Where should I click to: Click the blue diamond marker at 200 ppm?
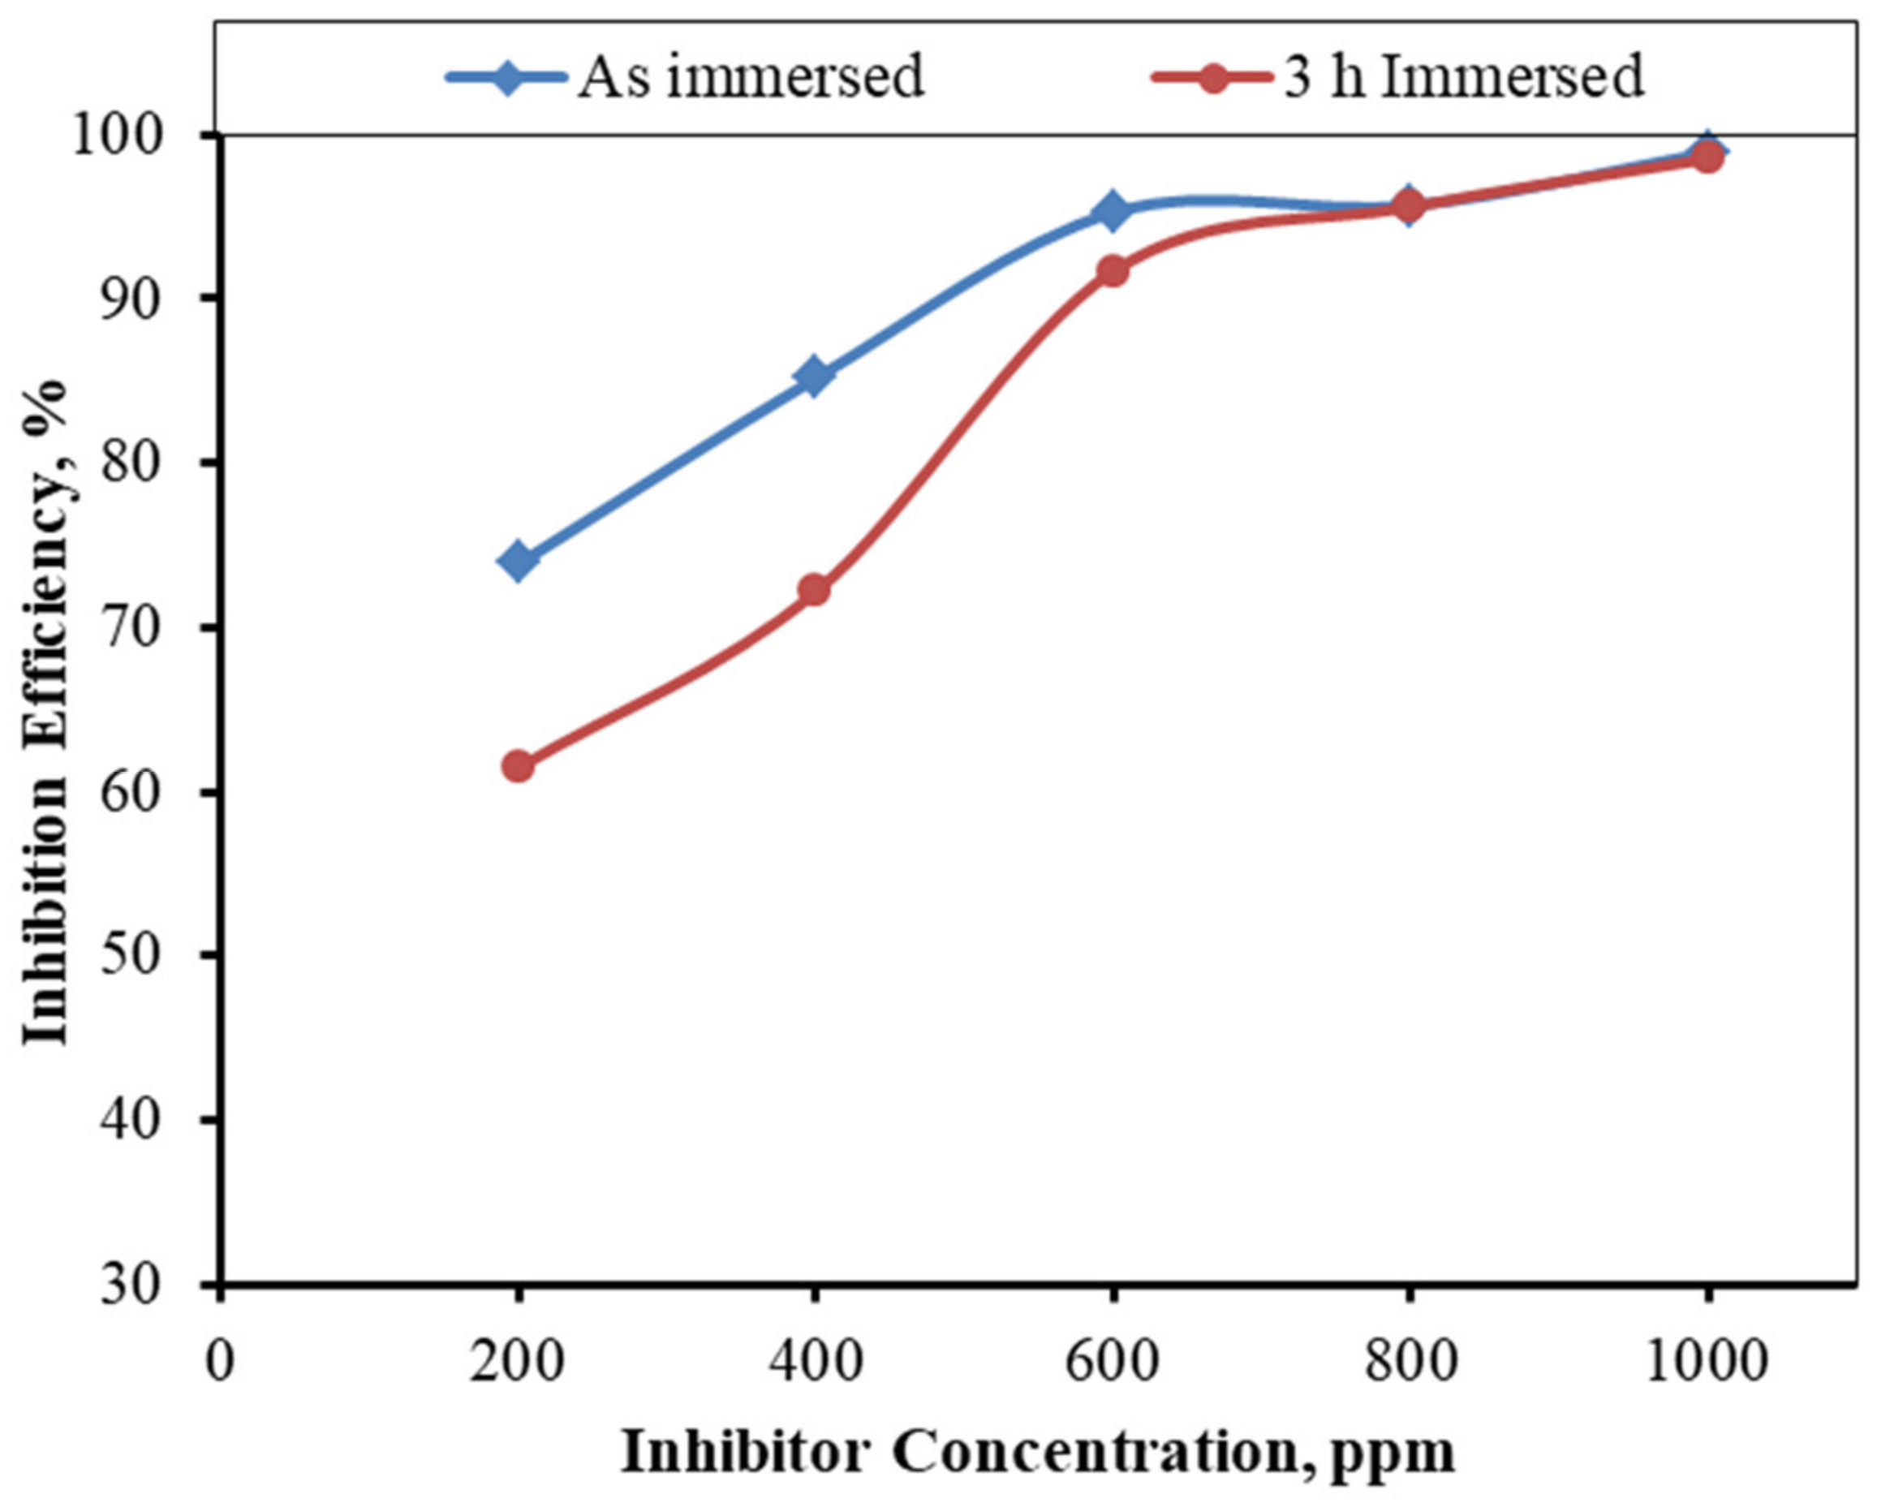(x=518, y=560)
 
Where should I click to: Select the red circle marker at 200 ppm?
(x=518, y=766)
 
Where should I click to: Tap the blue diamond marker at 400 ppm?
(x=814, y=376)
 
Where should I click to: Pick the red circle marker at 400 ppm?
(x=814, y=590)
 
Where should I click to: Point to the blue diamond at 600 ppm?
(x=1112, y=210)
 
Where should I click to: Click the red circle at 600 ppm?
(x=1112, y=271)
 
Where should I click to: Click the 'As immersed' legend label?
(x=751, y=76)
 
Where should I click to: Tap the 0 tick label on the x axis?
(x=220, y=1361)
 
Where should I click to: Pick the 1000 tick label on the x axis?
(x=1707, y=1361)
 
